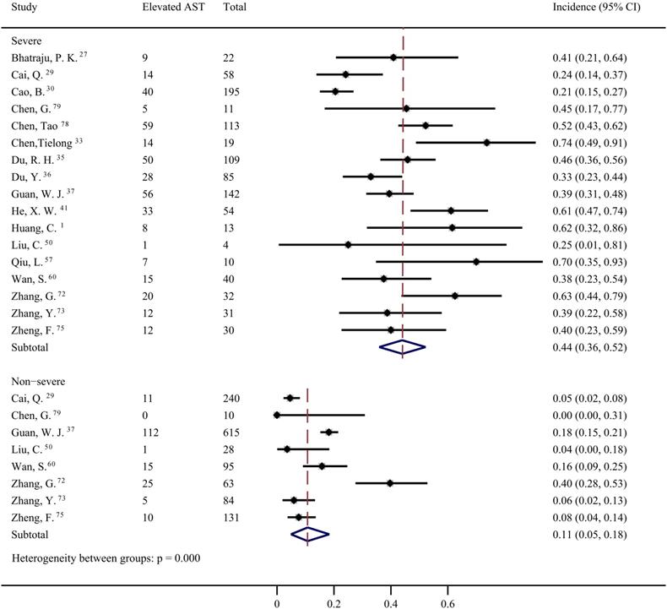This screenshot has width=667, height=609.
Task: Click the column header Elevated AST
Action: click(172, 8)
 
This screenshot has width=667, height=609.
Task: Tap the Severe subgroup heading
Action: click(26, 41)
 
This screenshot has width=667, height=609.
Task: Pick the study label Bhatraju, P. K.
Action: click(44, 57)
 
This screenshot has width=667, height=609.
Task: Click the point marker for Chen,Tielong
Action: click(487, 143)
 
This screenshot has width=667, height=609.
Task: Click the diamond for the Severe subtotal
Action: click(402, 347)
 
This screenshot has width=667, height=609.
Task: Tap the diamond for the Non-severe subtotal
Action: click(308, 535)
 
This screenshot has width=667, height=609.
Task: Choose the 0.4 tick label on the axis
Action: click(391, 604)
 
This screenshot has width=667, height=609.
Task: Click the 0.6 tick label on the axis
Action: click(447, 604)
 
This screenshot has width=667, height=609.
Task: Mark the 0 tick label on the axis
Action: click(277, 604)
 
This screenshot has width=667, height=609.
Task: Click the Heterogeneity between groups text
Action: click(106, 558)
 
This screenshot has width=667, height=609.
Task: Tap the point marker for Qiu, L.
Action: click(477, 262)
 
